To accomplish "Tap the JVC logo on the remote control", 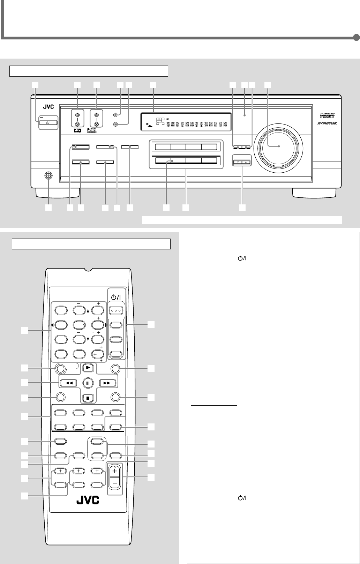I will click(88, 500).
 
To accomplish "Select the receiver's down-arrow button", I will click(238, 163).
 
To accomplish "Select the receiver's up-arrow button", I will click(247, 163).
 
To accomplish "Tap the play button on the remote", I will click(88, 367).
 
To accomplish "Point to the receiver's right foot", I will click(314, 193).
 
